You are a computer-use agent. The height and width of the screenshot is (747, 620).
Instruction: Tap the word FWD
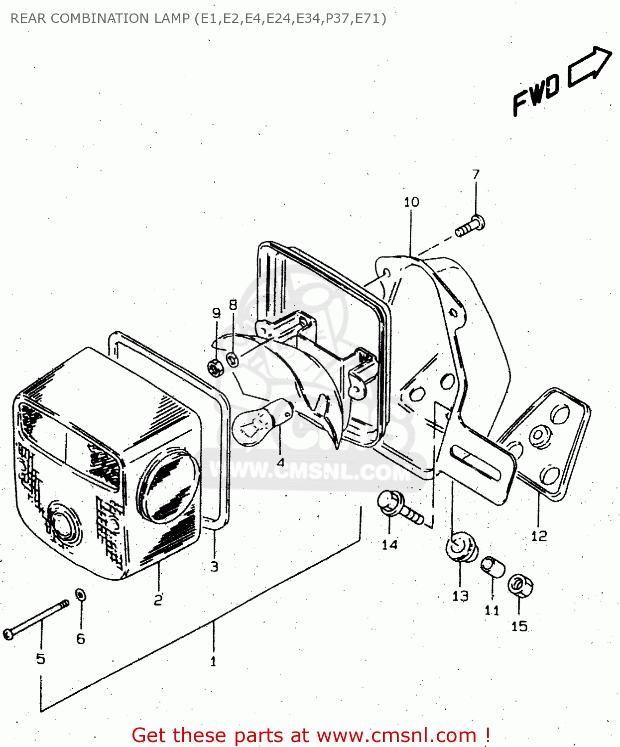[536, 95]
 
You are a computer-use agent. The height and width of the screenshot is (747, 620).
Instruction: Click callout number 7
[476, 175]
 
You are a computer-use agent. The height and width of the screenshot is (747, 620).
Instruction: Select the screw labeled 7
[470, 227]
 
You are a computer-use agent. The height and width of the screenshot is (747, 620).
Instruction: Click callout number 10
[411, 202]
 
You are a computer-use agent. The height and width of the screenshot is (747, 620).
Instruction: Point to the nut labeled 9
[215, 368]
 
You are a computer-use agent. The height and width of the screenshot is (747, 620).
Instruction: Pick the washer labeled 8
[233, 358]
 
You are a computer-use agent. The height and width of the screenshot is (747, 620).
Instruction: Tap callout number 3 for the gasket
[214, 567]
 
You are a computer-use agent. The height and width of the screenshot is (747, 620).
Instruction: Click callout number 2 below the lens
[158, 600]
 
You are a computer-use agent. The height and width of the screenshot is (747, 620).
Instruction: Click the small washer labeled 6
[80, 595]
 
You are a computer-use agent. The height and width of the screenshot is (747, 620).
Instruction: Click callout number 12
[539, 536]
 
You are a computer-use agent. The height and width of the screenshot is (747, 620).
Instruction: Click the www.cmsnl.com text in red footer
[396, 735]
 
